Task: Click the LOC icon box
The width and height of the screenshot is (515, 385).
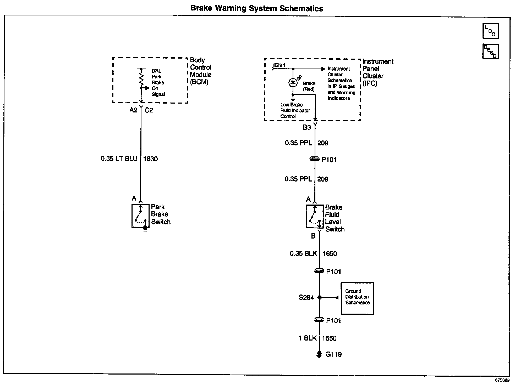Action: point(490,31)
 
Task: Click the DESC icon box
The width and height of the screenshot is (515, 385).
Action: point(490,52)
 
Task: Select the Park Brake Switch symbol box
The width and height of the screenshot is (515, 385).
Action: point(140,216)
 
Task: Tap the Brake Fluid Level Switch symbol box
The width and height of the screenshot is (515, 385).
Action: point(315,217)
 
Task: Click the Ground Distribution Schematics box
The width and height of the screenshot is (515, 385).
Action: point(357,298)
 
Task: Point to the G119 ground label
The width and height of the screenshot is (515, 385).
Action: point(333,354)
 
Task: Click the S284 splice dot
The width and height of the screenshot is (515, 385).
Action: point(320,297)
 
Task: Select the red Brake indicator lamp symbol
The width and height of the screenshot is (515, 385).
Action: point(293,83)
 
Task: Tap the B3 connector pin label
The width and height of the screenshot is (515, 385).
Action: point(307,127)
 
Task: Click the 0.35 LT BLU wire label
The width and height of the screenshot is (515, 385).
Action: point(119,159)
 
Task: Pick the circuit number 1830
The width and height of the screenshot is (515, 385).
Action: point(150,159)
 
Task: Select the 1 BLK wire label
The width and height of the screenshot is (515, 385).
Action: point(308,338)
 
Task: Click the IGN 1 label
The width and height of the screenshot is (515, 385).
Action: point(279,65)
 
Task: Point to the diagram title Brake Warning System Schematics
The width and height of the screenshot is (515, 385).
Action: point(257,8)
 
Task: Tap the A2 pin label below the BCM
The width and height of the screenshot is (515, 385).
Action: point(133,110)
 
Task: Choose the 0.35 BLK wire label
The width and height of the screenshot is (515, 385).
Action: point(303,253)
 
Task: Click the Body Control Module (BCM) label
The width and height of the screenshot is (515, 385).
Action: point(200,71)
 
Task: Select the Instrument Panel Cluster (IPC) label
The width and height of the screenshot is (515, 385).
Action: point(377,72)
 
